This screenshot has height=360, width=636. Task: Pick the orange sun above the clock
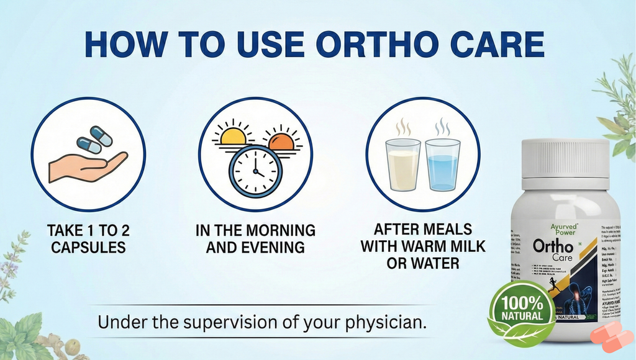point(281,142)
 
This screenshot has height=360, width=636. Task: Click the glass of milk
point(402,164)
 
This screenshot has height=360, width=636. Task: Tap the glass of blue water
point(442,164)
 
